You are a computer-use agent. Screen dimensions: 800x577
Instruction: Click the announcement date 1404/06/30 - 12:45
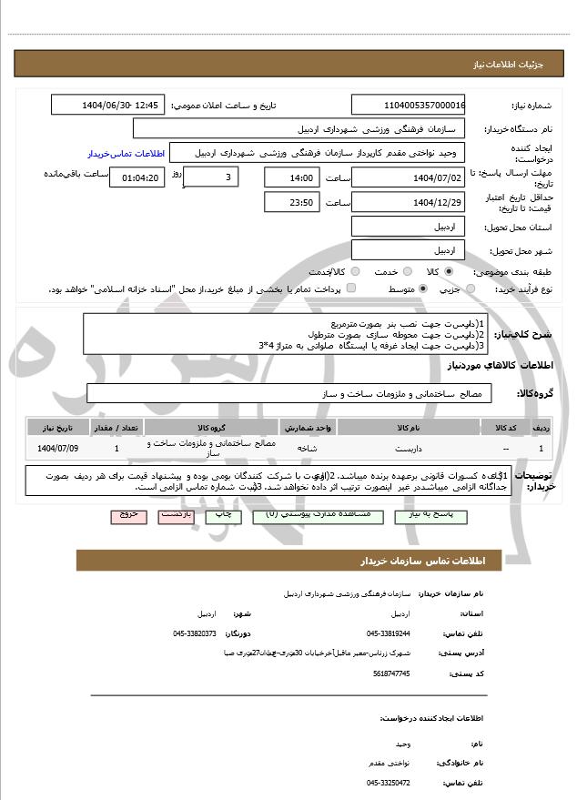coord(106,105)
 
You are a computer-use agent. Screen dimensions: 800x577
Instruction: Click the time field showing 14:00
coord(290,177)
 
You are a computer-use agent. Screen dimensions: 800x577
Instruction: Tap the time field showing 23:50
coord(290,202)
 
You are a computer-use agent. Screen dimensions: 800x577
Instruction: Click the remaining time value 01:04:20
coord(137,177)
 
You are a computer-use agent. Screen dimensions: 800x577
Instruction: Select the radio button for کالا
coord(449,271)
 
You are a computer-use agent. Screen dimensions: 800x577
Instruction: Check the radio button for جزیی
coord(470,289)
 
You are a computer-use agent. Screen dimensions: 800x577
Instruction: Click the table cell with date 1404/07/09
coord(58,448)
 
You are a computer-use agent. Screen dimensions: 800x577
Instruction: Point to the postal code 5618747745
coord(392,673)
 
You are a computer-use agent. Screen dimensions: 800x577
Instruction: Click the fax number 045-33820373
coord(195,633)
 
